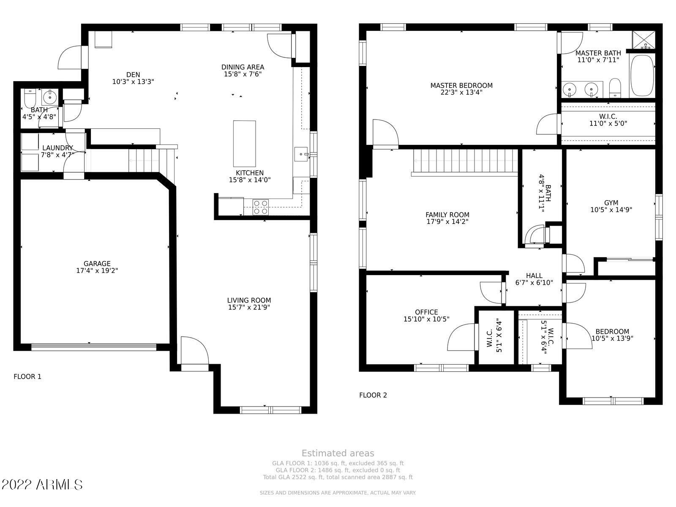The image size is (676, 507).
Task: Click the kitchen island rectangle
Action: (x=244, y=144)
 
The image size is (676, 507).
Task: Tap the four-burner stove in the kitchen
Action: (x=260, y=207)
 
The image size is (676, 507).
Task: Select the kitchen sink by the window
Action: (x=301, y=154)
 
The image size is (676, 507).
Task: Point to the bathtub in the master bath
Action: (x=642, y=76)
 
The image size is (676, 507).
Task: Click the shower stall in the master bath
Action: (x=643, y=40)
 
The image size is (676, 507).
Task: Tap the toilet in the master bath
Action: (x=615, y=87)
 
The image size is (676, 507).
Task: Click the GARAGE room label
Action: (x=97, y=264)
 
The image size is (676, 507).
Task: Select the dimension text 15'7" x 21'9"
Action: (x=249, y=308)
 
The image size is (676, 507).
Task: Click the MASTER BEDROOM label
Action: (x=461, y=85)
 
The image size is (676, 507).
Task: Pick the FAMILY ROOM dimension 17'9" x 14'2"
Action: (x=447, y=221)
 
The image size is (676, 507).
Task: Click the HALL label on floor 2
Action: (x=534, y=276)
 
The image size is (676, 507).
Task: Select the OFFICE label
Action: (x=426, y=312)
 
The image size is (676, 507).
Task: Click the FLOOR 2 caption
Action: (x=373, y=395)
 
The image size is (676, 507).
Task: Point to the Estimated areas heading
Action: (x=338, y=453)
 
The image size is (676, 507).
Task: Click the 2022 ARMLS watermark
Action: (x=42, y=484)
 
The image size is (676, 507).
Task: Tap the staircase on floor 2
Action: (x=465, y=161)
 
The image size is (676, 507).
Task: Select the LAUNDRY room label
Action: (x=57, y=148)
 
